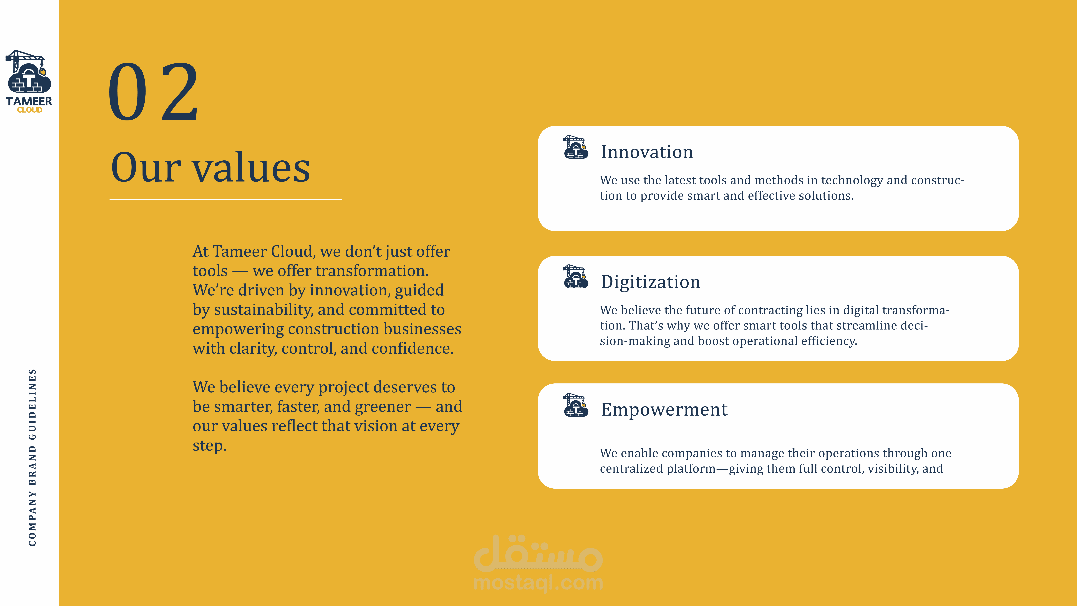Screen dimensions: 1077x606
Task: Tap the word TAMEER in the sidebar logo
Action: (29, 101)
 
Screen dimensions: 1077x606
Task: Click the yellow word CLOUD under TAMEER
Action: (30, 110)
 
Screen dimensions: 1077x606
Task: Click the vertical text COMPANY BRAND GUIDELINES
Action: (32, 457)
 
